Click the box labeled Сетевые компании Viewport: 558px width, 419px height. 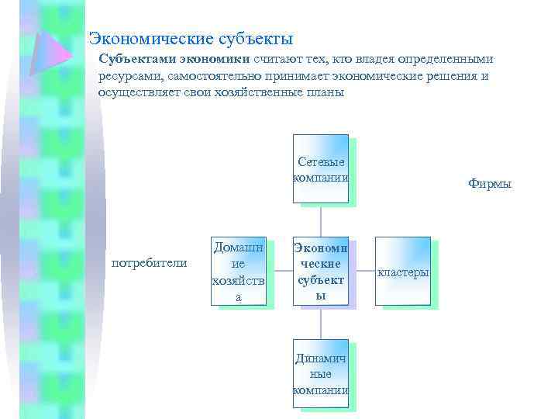tap(320, 168)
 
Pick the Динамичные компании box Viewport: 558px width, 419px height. tap(320, 375)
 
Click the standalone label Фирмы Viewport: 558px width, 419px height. tap(490, 184)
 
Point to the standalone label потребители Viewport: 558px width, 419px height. tap(150, 263)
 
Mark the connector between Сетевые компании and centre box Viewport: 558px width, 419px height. tap(320, 220)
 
